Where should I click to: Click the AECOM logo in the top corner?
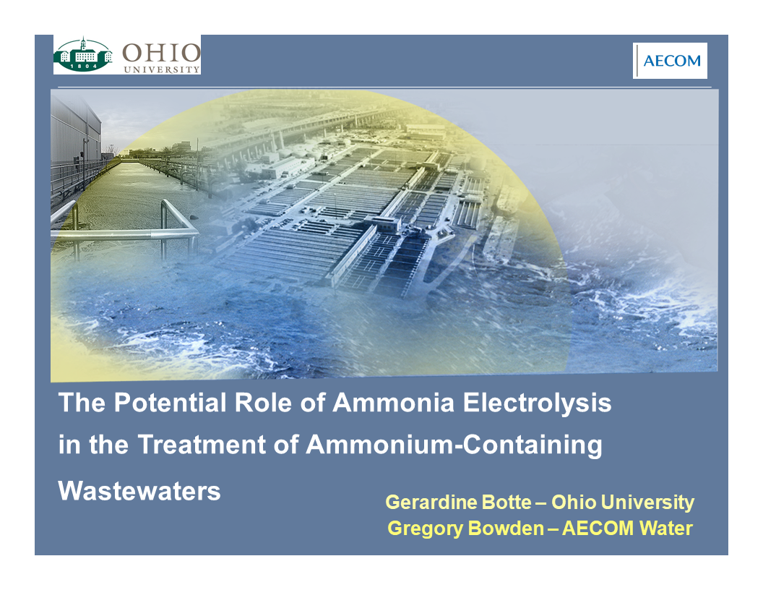pyautogui.click(x=670, y=61)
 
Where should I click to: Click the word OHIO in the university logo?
pyautogui.click(x=160, y=53)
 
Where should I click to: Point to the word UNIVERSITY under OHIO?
pyautogui.click(x=161, y=69)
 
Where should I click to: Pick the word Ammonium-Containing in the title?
pyautogui.click(x=454, y=445)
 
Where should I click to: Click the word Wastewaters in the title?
pyautogui.click(x=139, y=491)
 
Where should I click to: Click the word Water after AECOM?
pyautogui.click(x=665, y=529)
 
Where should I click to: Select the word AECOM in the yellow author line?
pyautogui.click(x=597, y=529)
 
